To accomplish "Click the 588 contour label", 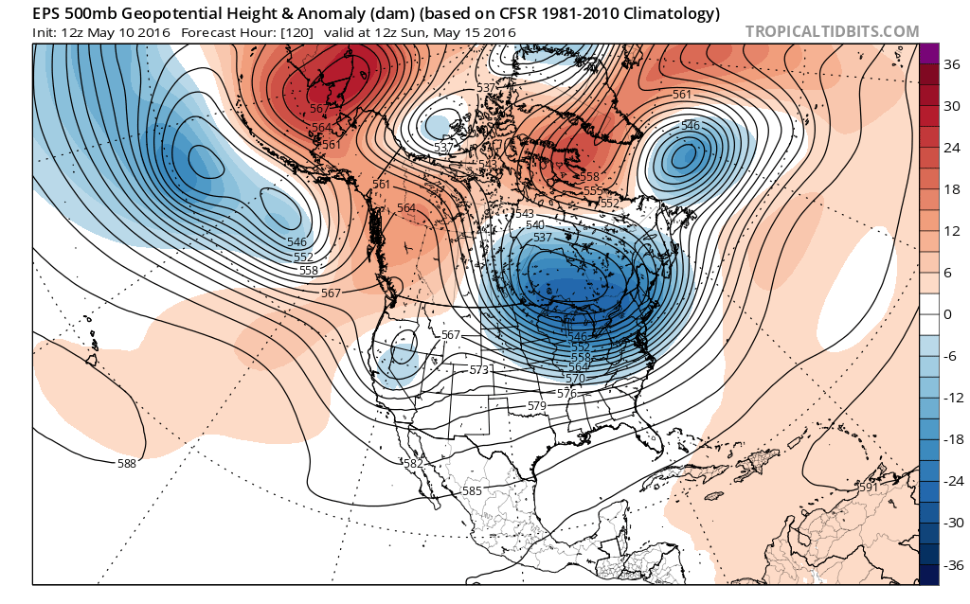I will pyautogui.click(x=127, y=463).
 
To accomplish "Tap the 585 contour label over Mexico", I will pyautogui.click(x=473, y=490).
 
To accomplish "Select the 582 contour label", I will pyautogui.click(x=413, y=463).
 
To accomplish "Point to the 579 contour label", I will pyautogui.click(x=537, y=405).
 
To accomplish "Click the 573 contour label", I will pyautogui.click(x=479, y=369).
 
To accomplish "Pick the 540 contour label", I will pyautogui.click(x=534, y=224).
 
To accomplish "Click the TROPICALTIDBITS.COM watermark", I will pyautogui.click(x=832, y=31).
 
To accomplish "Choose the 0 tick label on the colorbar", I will pyautogui.click(x=948, y=314).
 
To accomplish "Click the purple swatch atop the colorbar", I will pyautogui.click(x=929, y=54).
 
